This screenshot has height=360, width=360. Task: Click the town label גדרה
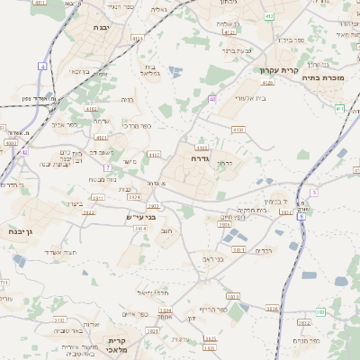[200, 157]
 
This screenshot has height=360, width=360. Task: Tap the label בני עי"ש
[142, 218]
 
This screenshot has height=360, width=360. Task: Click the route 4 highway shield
[42, 67]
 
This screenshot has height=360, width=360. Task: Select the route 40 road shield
[212, 99]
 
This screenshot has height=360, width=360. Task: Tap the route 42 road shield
[24, 152]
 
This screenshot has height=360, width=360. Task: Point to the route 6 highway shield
[301, 216]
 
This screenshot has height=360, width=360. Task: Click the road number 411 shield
[338, 108]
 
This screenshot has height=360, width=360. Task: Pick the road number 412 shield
[269, 17]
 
